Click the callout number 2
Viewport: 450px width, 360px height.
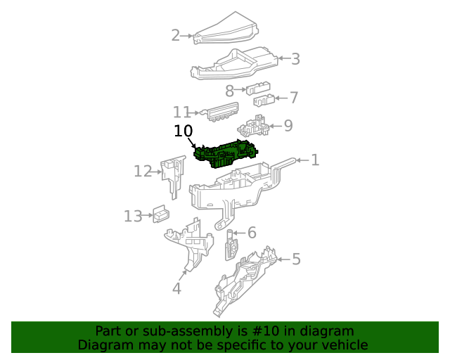click(x=176, y=34)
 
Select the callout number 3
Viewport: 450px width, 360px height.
click(x=295, y=59)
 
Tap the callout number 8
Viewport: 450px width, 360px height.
click(x=229, y=91)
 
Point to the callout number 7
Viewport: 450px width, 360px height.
click(x=293, y=98)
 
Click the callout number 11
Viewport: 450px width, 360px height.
click(x=182, y=112)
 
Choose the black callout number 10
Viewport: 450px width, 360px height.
click(x=183, y=131)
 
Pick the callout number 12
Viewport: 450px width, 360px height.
click(x=143, y=171)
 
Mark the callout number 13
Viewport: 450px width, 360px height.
click(x=133, y=216)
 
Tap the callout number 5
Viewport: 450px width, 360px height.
click(x=296, y=259)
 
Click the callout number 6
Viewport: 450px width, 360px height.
click(x=251, y=233)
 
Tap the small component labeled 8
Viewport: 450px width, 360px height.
click(x=258, y=88)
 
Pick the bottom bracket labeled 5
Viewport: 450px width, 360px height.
click(x=246, y=281)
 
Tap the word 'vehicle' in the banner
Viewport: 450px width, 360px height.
click(x=345, y=345)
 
